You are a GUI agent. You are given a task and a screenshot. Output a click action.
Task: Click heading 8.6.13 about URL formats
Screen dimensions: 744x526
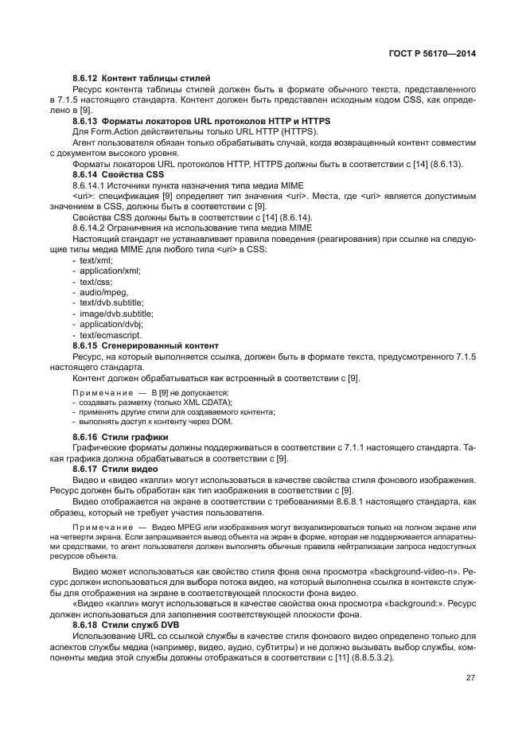(x=200, y=120)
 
